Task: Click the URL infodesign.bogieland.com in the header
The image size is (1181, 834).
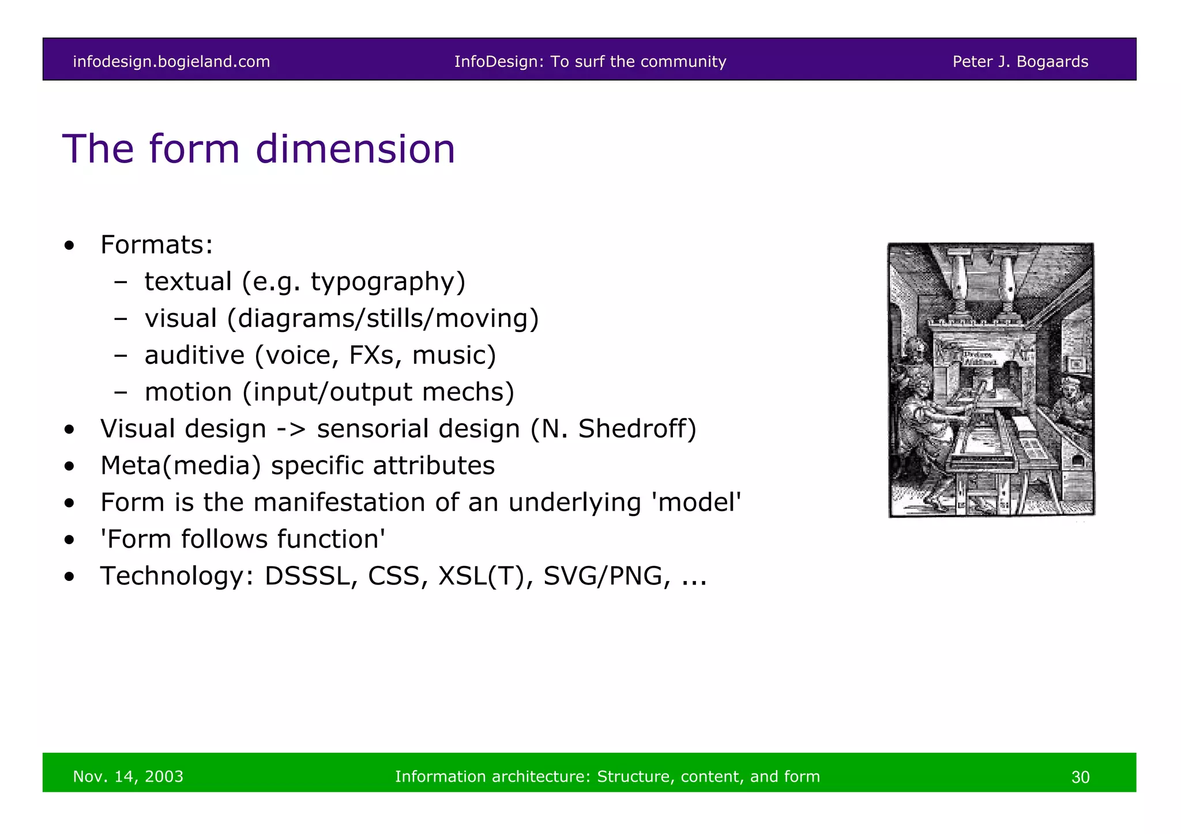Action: coord(171,62)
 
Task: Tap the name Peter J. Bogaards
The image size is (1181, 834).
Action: coord(1020,62)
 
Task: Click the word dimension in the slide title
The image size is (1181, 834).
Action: coord(355,149)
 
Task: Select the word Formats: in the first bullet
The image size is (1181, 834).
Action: coord(157,244)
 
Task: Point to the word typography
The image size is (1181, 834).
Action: coord(388,282)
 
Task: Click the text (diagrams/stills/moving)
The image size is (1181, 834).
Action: coord(383,319)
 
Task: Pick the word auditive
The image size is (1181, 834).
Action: coord(194,355)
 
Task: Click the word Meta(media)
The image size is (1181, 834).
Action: coord(180,466)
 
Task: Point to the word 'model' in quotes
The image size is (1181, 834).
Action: coord(695,503)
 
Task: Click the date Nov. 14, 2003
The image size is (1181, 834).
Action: coord(128,776)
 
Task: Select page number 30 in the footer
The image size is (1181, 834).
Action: coord(1080,777)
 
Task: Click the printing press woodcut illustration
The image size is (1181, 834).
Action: coord(991,380)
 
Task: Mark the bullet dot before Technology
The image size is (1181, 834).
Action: coord(70,577)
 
